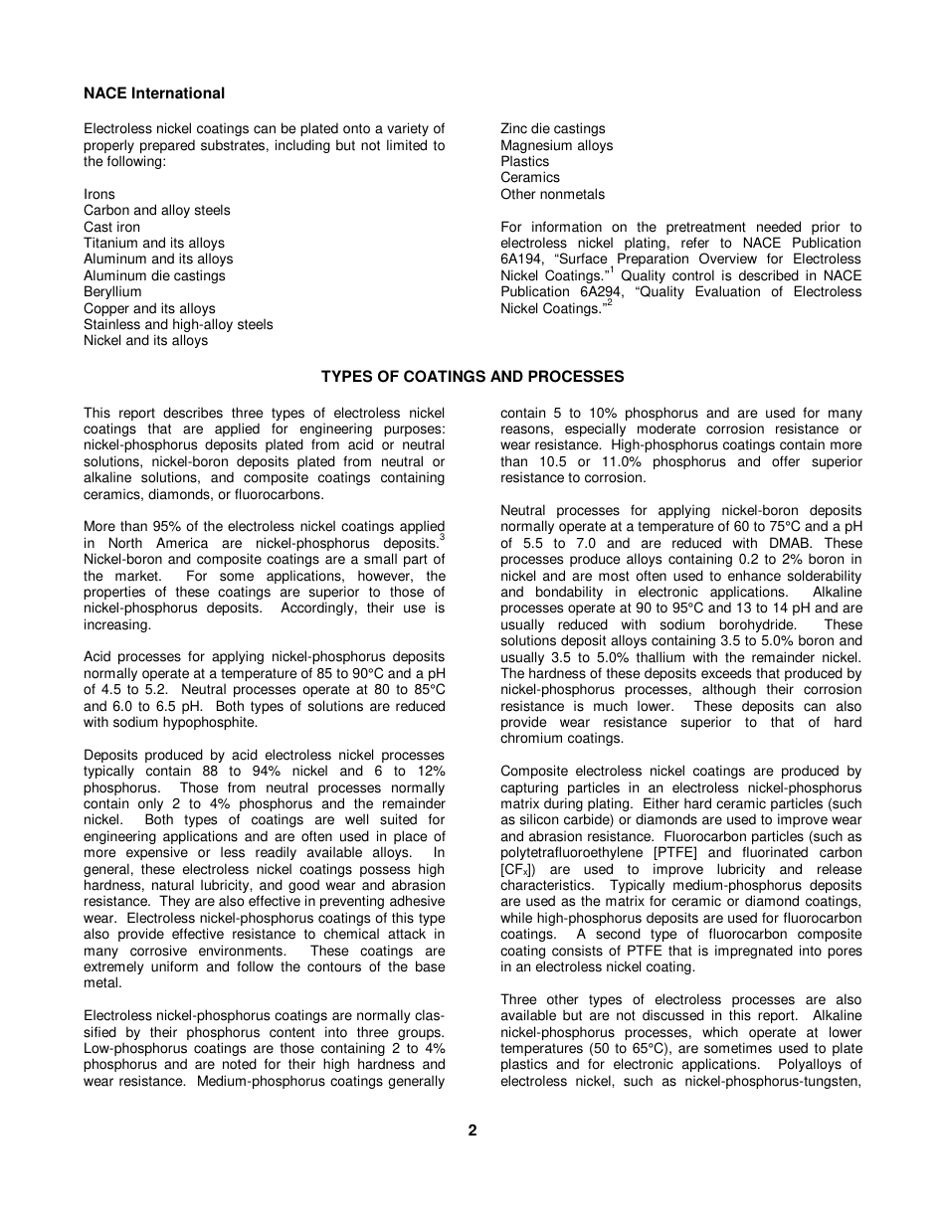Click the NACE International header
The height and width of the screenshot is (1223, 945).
154,93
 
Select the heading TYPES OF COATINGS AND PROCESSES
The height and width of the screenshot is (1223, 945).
472,377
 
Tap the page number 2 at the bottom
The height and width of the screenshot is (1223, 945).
472,1130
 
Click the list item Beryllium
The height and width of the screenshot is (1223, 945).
112,292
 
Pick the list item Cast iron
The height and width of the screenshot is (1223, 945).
111,227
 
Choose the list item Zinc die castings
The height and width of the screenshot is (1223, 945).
552,129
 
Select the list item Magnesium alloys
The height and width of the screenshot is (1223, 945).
556,145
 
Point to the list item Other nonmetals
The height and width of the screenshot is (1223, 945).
552,194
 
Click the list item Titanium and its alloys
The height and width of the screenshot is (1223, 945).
154,243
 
